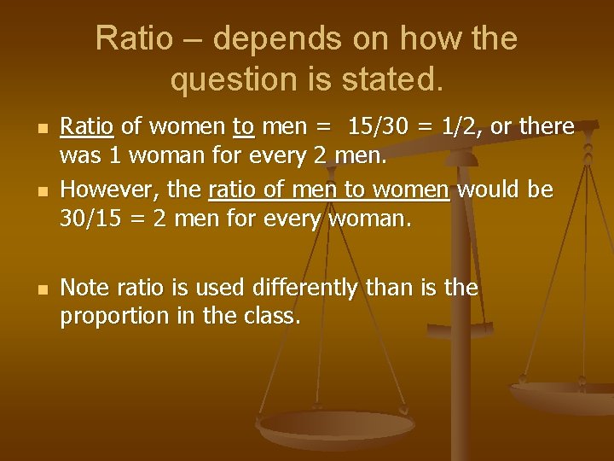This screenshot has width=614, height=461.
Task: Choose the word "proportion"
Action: [x=113, y=317]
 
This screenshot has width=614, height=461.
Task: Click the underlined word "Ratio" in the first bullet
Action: [x=86, y=127]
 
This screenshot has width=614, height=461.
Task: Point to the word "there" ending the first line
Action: [x=546, y=127]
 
